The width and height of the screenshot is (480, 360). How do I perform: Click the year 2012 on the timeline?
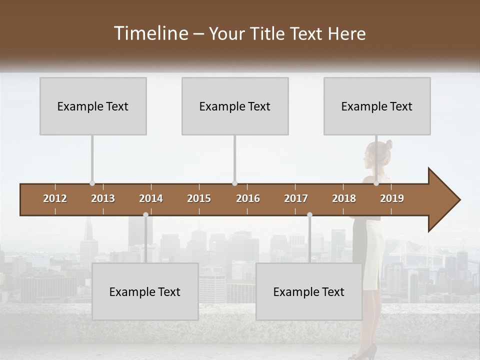tap(55, 198)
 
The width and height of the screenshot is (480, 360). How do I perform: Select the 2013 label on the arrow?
tap(103, 198)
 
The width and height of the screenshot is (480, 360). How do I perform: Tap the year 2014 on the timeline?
tap(151, 198)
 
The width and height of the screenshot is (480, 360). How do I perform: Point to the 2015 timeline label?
tap(199, 198)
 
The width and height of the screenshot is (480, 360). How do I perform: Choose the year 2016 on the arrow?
tap(248, 198)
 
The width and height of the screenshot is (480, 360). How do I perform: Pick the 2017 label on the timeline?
tap(296, 198)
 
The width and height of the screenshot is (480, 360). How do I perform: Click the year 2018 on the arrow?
tap(344, 198)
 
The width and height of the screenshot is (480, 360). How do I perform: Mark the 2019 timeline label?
tap(392, 198)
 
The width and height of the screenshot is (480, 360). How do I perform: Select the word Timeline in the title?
tap(150, 33)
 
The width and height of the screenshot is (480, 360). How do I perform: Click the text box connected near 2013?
tap(93, 106)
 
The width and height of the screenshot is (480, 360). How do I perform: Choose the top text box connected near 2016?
tap(235, 106)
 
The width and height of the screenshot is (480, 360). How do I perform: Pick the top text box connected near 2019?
tap(377, 106)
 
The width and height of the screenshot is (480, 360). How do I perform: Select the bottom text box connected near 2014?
tap(145, 291)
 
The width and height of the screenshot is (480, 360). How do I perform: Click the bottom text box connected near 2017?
tap(309, 291)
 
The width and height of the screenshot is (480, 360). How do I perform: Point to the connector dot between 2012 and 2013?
tap(92, 183)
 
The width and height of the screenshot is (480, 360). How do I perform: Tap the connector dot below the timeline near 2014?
tap(145, 214)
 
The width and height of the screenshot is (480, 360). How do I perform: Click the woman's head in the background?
tap(379, 153)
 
